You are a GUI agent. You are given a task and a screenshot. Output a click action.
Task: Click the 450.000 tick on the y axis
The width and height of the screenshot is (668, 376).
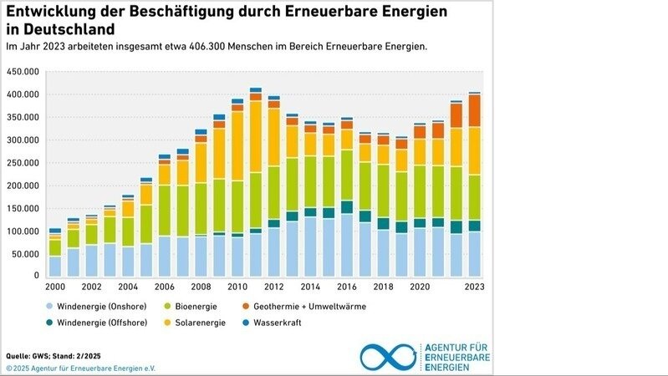[x=23, y=72]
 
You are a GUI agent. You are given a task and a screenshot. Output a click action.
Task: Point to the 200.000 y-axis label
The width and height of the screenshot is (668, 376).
[x=23, y=185]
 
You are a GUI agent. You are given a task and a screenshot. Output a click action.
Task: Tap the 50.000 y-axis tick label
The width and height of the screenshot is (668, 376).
[x=25, y=253]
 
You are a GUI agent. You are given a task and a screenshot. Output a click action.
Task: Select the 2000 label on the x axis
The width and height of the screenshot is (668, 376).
[x=54, y=286]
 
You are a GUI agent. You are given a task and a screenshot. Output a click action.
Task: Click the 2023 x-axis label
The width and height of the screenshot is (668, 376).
[x=474, y=286]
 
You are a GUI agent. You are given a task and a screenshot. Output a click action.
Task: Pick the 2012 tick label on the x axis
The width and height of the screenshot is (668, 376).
[x=273, y=286]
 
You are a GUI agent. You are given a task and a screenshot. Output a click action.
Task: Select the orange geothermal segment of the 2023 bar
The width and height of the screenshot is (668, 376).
[x=474, y=110]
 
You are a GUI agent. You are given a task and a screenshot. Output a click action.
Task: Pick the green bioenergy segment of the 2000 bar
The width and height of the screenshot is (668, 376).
[x=55, y=248]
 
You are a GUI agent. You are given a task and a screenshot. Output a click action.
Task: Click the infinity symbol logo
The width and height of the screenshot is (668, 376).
[x=388, y=355]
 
